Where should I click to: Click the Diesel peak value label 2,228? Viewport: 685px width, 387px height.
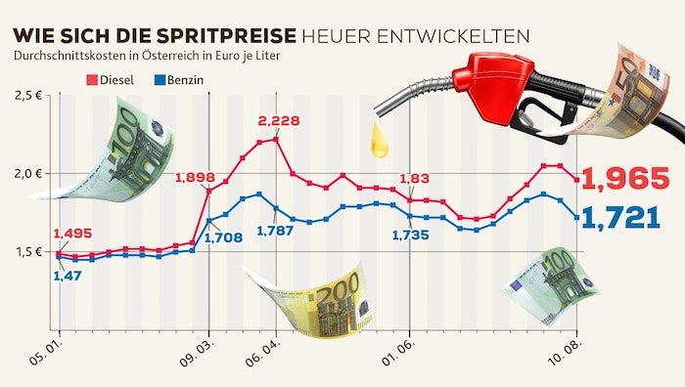279,121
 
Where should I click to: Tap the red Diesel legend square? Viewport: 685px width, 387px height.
92,80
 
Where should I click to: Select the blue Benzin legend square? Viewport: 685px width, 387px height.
160,80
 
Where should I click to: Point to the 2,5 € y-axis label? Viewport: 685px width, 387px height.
28,96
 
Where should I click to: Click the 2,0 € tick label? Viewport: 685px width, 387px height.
28,174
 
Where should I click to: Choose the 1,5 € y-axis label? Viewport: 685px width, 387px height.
29,252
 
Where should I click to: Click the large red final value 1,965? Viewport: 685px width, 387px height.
625,179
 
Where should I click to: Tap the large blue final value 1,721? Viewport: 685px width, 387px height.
621,218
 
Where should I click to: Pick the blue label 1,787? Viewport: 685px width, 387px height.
275,231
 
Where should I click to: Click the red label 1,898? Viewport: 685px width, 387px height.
196,178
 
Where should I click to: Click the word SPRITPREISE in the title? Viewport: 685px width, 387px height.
227,36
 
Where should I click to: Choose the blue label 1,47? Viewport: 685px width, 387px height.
68,276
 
